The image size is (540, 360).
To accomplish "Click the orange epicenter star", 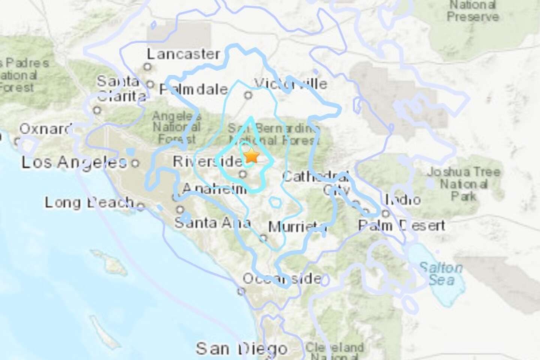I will pyautogui.click(x=251, y=155).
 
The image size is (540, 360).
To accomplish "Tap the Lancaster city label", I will pyautogui.click(x=183, y=54).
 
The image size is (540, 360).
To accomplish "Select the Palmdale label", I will pyautogui.click(x=193, y=89).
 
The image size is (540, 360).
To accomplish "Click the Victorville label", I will pyautogui.click(x=290, y=84).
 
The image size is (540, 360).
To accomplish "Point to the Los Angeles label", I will pyautogui.click(x=74, y=162).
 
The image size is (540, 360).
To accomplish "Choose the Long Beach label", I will pyautogui.click(x=89, y=202).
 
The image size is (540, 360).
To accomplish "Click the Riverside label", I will pyautogui.click(x=208, y=161).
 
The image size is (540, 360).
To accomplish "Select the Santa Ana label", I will pyautogui.click(x=212, y=223).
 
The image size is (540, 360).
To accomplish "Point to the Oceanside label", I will pyautogui.click(x=282, y=278).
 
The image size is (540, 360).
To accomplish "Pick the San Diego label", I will pyautogui.click(x=241, y=348).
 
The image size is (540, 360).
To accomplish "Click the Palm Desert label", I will pyautogui.click(x=402, y=225).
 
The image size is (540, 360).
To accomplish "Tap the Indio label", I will pyautogui.click(x=403, y=199).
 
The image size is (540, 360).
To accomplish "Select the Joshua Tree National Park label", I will pyautogui.click(x=463, y=184).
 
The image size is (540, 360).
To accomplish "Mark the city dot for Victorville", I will pyautogui.click(x=248, y=95).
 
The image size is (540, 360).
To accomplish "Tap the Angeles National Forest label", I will pyautogui.click(x=176, y=128).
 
